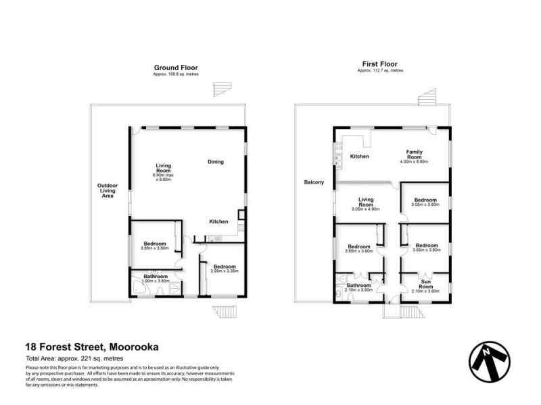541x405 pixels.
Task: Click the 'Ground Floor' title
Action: click(175, 67)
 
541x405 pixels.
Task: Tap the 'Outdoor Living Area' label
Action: click(108, 190)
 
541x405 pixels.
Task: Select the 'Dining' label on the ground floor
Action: click(216, 161)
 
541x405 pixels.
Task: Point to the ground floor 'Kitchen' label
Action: click(218, 221)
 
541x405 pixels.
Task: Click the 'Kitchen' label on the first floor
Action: click(359, 157)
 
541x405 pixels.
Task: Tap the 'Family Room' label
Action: click(415, 156)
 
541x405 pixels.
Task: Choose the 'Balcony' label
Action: click(314, 182)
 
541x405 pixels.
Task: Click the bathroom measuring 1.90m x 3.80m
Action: click(156, 280)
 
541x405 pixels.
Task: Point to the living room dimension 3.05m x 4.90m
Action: click(366, 209)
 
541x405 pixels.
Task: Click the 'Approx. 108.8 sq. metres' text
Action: click(175, 74)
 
